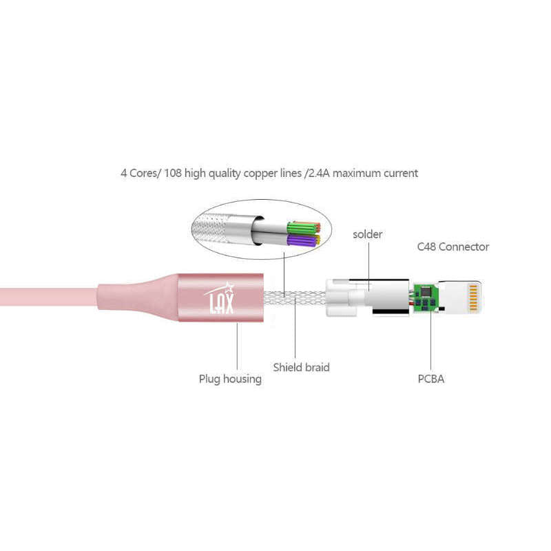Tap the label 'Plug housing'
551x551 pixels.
tap(230, 379)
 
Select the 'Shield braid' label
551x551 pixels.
tap(301, 367)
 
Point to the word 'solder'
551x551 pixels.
tap(367, 234)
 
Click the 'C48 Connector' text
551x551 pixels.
tap(453, 247)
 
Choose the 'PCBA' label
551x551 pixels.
tap(430, 379)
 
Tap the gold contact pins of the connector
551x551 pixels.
tap(472, 298)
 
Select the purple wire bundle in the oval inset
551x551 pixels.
tap(303, 240)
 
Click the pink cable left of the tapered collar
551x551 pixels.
tap(41, 297)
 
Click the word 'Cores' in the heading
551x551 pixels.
tap(145, 173)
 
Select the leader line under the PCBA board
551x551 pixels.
tap(431, 344)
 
